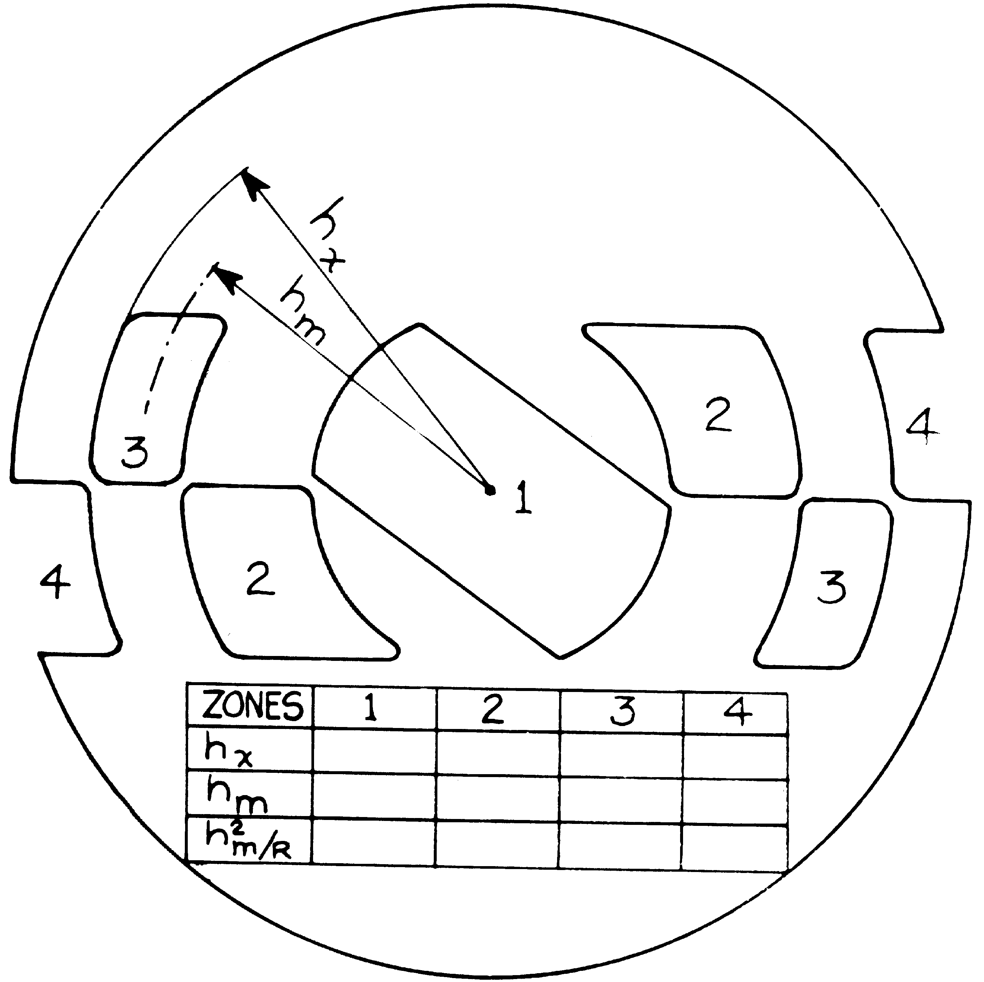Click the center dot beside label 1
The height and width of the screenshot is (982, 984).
click(x=490, y=491)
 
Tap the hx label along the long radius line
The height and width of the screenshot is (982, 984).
click(x=327, y=235)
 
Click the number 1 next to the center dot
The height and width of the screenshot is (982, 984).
click(x=523, y=497)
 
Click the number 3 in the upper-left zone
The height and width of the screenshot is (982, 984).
click(x=135, y=451)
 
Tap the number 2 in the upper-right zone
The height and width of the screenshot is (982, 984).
click(x=718, y=414)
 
